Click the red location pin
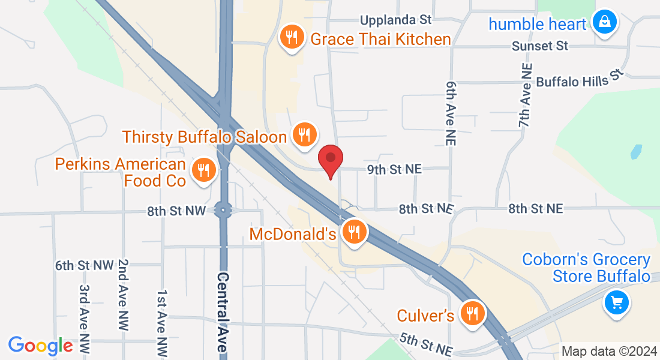coord(329,160)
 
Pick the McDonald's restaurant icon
coord(354,232)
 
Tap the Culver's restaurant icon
coord(472,313)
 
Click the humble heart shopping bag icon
coord(605,23)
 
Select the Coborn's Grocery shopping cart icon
coord(616,302)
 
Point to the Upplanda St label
coord(397,20)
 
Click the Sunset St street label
coord(540,46)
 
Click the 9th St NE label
coord(394,170)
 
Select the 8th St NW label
coord(176,211)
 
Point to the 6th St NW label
coord(84,265)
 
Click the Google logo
coord(40,346)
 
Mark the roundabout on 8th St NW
coord(224,211)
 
